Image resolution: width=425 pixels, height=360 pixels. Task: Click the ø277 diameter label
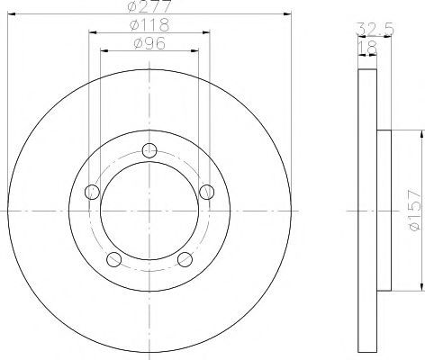point(149,6)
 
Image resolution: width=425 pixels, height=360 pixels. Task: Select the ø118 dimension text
point(149,25)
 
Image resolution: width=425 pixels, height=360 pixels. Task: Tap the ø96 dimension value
point(149,43)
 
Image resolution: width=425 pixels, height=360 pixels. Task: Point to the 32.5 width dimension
point(375,30)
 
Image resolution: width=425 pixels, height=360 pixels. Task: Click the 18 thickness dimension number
point(367,48)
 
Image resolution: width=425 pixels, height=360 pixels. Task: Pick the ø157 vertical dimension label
point(415,210)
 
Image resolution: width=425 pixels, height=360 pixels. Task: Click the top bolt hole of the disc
point(149,150)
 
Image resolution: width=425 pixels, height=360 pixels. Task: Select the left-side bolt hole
point(92,192)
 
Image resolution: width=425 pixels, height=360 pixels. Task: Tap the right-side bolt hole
point(207,192)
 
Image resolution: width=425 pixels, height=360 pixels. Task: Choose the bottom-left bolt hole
point(114,259)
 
